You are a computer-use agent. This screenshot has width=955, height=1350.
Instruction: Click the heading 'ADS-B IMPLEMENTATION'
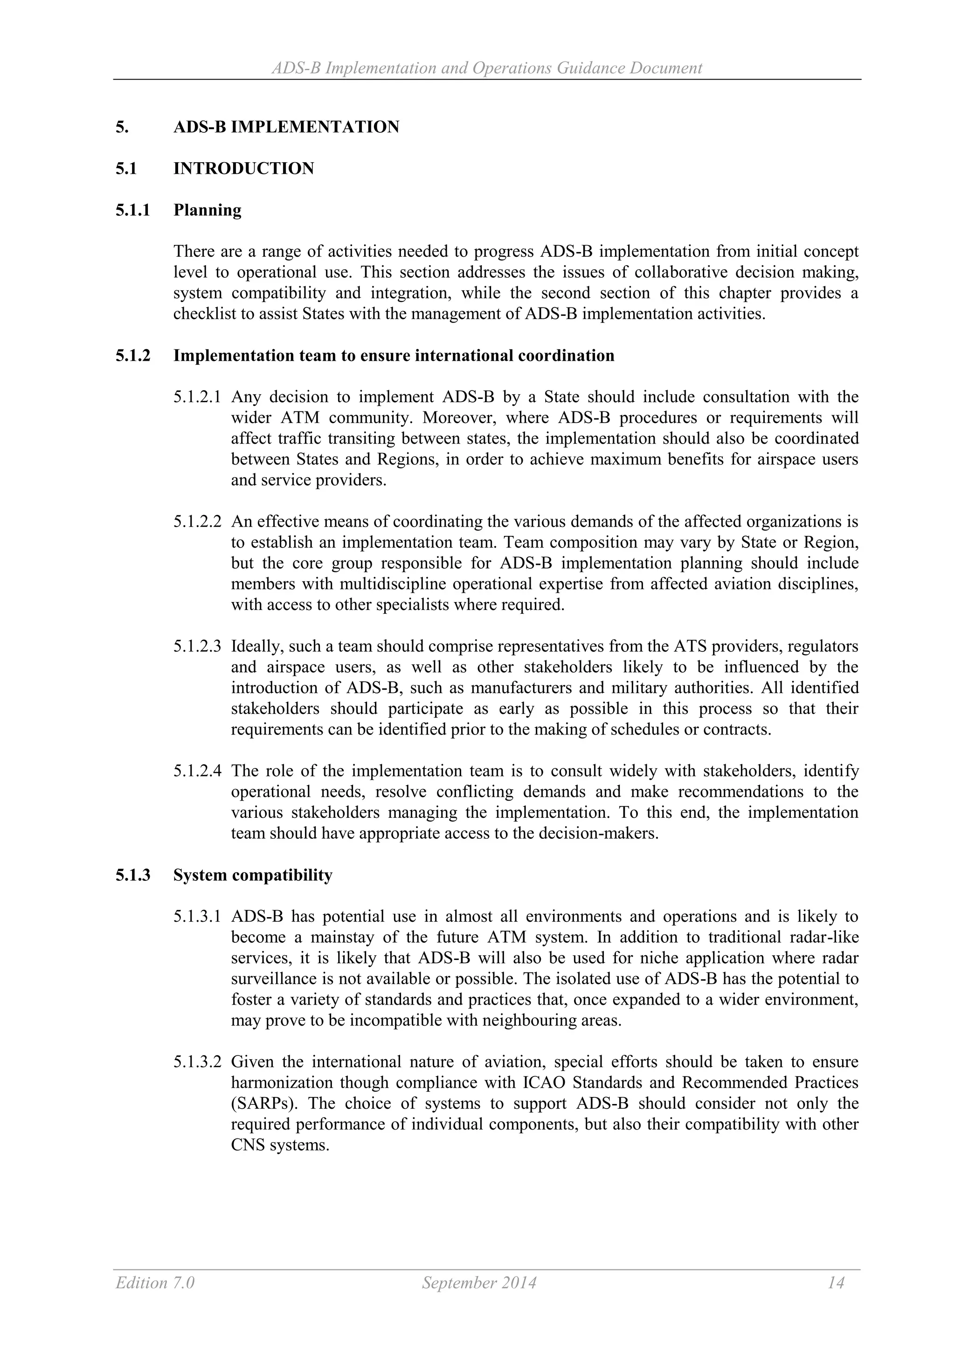pyautogui.click(x=286, y=127)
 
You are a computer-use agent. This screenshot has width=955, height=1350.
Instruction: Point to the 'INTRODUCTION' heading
pyautogui.click(x=243, y=169)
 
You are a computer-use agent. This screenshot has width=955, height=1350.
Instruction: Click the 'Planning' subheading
pyautogui.click(x=207, y=211)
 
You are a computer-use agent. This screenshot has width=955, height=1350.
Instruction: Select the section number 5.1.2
pyautogui.click(x=133, y=356)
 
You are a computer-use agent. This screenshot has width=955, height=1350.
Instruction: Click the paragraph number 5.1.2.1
pyautogui.click(x=197, y=397)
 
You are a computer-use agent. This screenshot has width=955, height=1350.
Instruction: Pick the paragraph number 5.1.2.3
pyautogui.click(x=197, y=647)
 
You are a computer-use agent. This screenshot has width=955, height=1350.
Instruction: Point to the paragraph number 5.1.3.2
pyautogui.click(x=197, y=1062)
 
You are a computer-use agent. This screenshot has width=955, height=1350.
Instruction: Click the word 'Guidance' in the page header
pyautogui.click(x=590, y=68)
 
